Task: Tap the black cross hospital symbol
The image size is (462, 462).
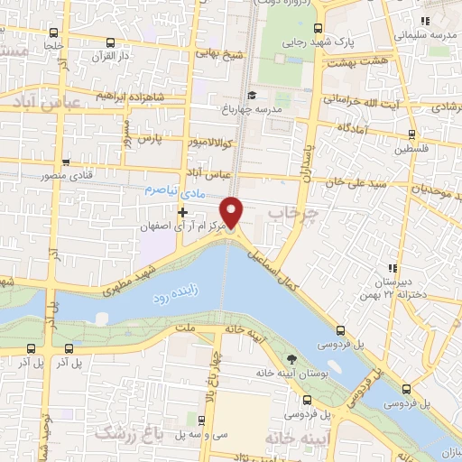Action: [183, 213]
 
